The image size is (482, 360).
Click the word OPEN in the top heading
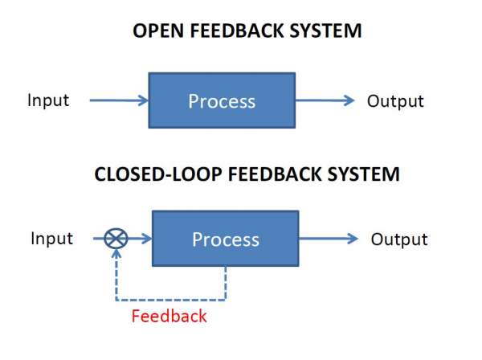coord(150,32)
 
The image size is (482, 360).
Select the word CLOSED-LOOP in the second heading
coord(145,174)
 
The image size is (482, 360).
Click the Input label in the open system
coord(48,100)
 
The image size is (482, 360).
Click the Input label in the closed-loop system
coord(51,239)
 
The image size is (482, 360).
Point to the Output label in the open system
coord(395,101)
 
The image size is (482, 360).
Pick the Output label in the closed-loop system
coord(399,239)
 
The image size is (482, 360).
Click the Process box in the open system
coord(222,101)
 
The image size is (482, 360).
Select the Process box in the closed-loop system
coord(225,239)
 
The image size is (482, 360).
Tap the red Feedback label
coord(170,316)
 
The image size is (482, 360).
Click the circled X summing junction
coord(116,239)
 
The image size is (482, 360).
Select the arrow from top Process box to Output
coord(325,101)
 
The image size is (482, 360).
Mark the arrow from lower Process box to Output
coord(329,239)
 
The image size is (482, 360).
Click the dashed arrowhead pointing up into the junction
coord(116,254)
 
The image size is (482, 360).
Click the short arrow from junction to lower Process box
coord(139,239)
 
